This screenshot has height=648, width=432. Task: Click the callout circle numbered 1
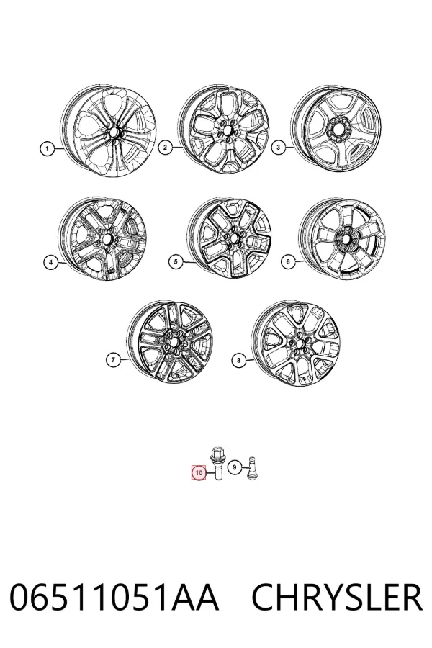(x=47, y=148)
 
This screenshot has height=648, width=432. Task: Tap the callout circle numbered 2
(x=165, y=148)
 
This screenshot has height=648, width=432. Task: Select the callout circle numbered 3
(x=278, y=147)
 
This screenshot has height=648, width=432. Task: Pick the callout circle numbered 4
(x=50, y=262)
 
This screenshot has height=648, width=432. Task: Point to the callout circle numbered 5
(x=176, y=261)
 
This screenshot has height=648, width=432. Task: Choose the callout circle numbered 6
(x=288, y=261)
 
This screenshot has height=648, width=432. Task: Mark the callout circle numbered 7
(x=113, y=359)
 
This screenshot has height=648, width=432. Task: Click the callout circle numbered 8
(x=238, y=361)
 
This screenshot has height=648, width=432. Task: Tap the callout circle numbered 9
(x=235, y=467)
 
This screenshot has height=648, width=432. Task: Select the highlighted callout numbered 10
(x=199, y=473)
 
